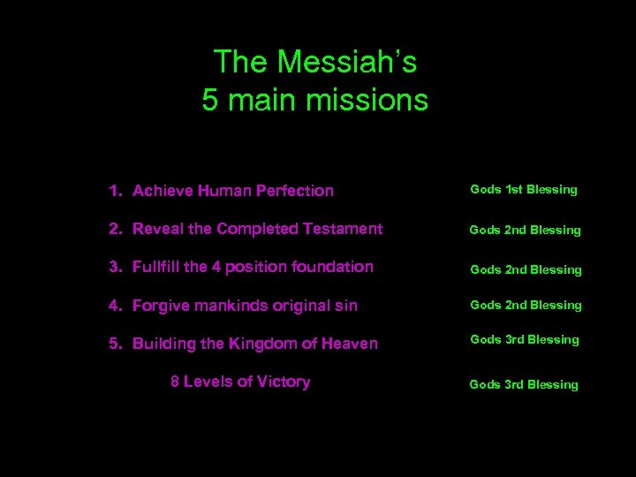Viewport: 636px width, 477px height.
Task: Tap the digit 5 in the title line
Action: pyautogui.click(x=209, y=100)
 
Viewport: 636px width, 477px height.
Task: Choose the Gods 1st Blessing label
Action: pyautogui.click(x=524, y=189)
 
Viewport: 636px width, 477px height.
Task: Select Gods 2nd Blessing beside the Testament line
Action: pyautogui.click(x=525, y=230)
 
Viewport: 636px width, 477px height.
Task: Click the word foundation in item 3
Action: pyautogui.click(x=333, y=267)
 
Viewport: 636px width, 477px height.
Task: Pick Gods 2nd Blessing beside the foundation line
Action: pyautogui.click(x=525, y=269)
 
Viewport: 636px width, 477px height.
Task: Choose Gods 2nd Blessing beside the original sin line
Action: pyautogui.click(x=525, y=305)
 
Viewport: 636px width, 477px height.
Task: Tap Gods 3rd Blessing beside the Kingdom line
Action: pyautogui.click(x=525, y=339)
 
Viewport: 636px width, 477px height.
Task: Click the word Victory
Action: pyautogui.click(x=283, y=382)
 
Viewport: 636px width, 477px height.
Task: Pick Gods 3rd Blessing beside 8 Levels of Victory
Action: pyautogui.click(x=524, y=384)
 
